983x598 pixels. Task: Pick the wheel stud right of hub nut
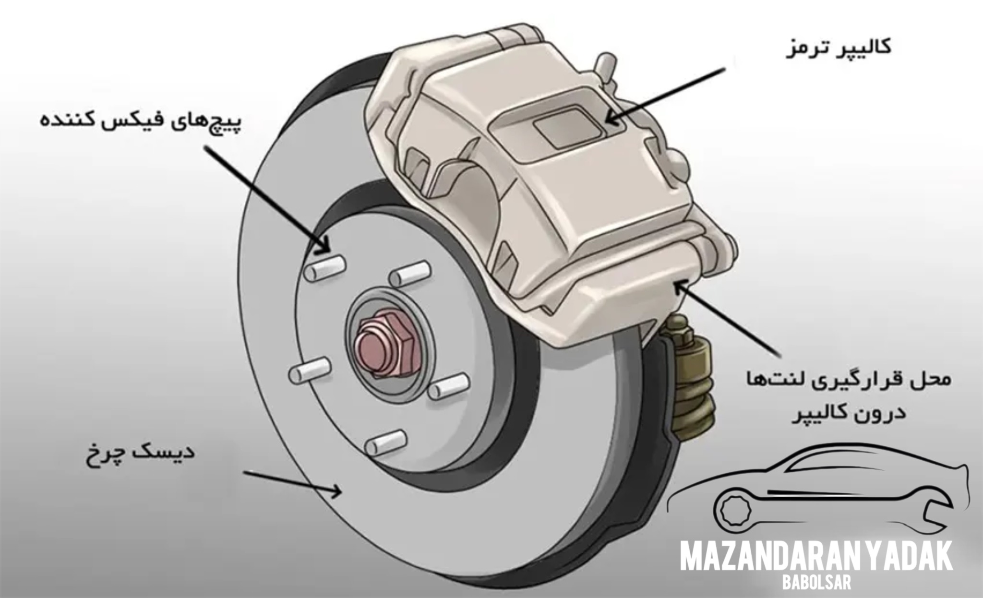pos(448,386)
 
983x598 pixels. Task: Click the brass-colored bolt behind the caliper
pos(692,374)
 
